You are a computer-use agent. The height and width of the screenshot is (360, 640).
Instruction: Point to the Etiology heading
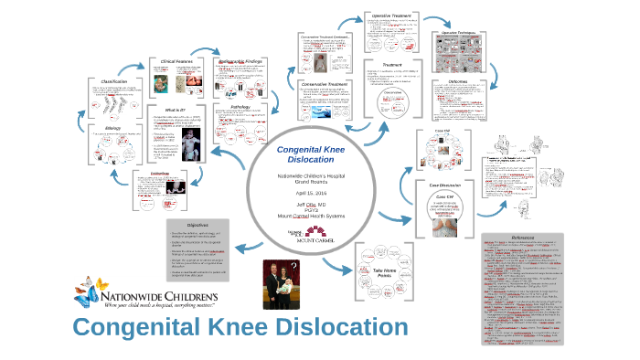[113, 129]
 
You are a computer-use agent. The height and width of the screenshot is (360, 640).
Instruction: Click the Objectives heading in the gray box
[199, 225]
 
